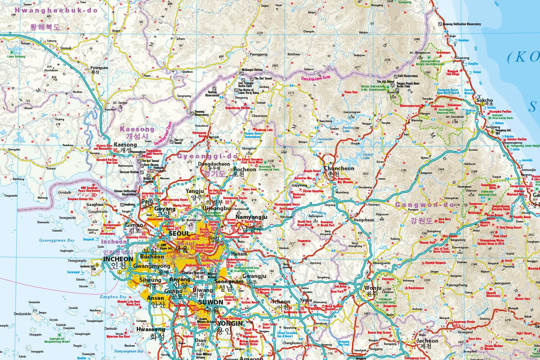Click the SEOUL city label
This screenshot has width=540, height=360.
(179, 234)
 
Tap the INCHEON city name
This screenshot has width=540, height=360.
(118, 259)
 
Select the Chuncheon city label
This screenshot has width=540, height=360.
(339, 168)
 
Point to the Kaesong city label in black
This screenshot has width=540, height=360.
(125, 145)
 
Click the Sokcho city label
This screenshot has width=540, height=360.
(484, 100)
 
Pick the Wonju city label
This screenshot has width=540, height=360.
(373, 288)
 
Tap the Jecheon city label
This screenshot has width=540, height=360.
(427, 341)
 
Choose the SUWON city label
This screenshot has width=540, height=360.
(211, 302)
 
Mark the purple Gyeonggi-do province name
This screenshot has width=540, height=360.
(207, 156)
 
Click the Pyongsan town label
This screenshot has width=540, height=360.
(99, 68)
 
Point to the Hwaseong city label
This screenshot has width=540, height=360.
(150, 329)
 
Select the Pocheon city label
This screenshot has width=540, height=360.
(245, 169)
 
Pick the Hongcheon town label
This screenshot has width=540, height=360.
(364, 220)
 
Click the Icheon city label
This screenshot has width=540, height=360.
(281, 302)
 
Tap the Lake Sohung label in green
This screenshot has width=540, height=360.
(16, 57)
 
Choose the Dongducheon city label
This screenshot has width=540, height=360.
(214, 164)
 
